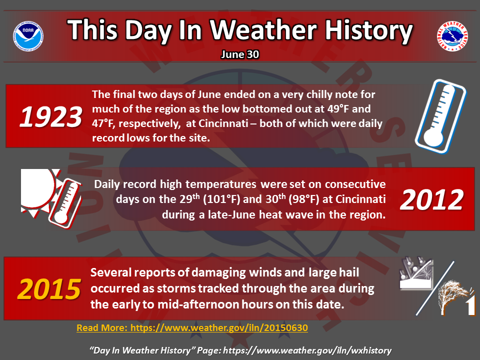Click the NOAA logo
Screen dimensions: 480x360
[x=28, y=36]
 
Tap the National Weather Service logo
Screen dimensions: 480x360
[x=452, y=36]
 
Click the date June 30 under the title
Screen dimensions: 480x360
[x=240, y=54]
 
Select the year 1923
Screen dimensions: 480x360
[x=51, y=116]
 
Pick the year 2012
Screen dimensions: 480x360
[x=431, y=199]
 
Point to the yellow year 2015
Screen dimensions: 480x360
[x=49, y=289]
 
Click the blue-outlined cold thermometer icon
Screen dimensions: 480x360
[x=440, y=116]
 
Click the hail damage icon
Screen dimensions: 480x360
[x=416, y=273]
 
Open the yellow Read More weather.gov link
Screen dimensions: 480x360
[x=192, y=328]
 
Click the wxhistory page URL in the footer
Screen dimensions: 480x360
[x=307, y=350]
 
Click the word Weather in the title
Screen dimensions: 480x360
[x=263, y=30]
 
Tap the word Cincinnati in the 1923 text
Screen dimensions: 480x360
[x=223, y=123]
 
